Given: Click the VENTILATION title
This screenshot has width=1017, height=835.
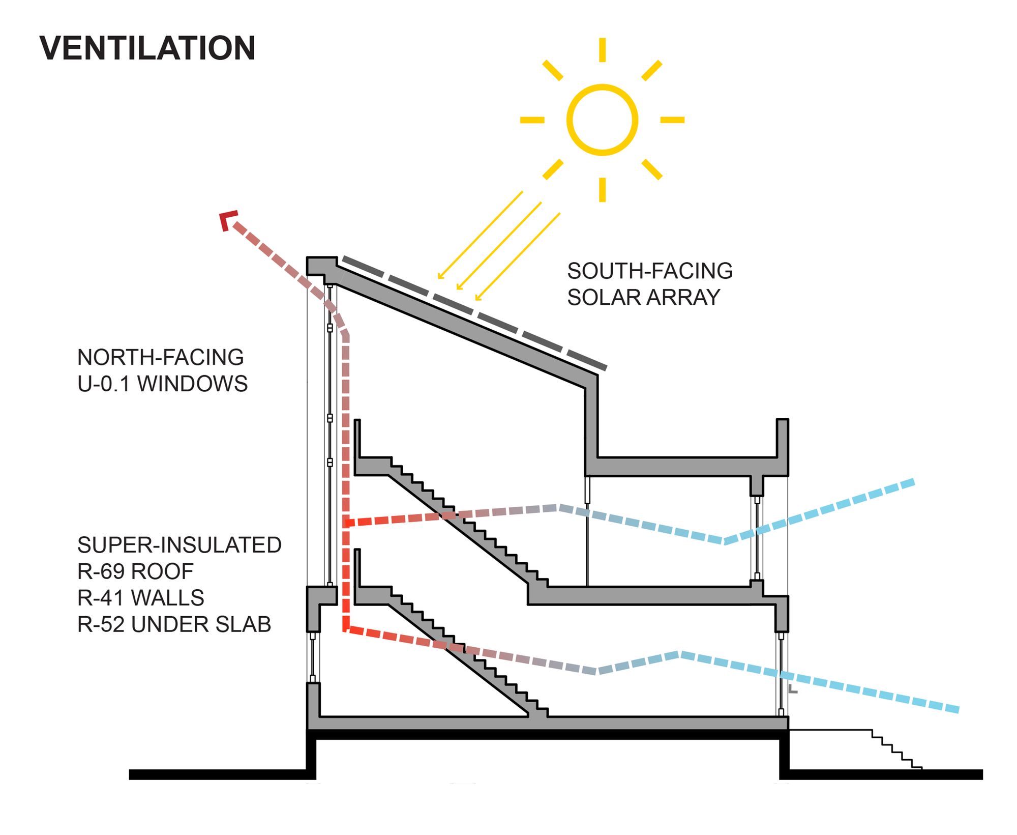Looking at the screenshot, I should (x=147, y=48).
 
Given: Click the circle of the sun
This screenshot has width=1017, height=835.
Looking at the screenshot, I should (x=602, y=120).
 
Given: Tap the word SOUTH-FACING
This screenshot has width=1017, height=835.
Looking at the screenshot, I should (x=649, y=271).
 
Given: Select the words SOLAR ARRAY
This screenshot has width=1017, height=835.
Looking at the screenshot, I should (x=643, y=298).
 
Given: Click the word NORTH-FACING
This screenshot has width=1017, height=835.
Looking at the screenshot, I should (x=161, y=358).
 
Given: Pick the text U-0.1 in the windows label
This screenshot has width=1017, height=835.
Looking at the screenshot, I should (x=104, y=384).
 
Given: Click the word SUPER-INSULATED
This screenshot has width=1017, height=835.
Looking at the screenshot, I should (x=180, y=545).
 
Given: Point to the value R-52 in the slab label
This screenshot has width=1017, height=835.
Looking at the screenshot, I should (x=101, y=625).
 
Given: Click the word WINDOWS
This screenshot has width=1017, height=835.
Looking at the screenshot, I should (x=192, y=384).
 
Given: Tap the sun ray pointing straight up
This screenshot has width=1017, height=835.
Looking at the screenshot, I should (x=602, y=50).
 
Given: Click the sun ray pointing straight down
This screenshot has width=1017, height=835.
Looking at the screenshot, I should (x=602, y=189).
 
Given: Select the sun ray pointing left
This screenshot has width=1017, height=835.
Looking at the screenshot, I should (x=532, y=120).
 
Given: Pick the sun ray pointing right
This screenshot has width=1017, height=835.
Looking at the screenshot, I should (x=672, y=120).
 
